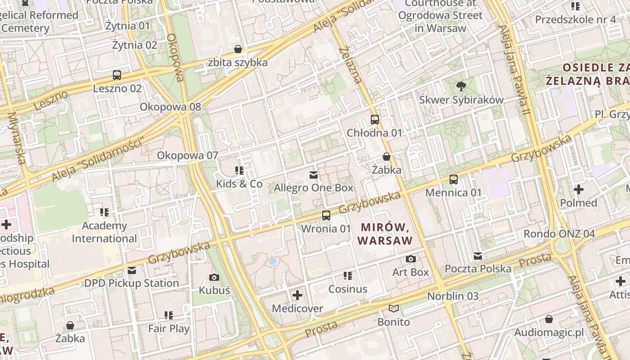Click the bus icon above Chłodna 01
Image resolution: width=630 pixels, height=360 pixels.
pyautogui.click(x=375, y=120)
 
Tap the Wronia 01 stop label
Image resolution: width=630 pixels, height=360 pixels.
pyautogui.click(x=326, y=229)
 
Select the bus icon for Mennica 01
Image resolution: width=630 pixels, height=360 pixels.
pyautogui.click(x=454, y=180)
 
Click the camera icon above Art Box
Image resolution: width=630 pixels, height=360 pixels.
pyautogui.click(x=410, y=259)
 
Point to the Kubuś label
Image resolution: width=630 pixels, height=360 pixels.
pyautogui.click(x=214, y=290)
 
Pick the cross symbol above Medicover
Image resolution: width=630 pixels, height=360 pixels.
pyautogui.click(x=297, y=295)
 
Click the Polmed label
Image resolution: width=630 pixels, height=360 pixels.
pyautogui.click(x=578, y=203)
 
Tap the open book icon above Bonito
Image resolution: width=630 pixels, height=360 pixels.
pyautogui.click(x=394, y=309)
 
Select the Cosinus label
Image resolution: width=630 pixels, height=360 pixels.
pyautogui.click(x=348, y=289)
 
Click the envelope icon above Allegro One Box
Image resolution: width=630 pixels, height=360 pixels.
pyautogui.click(x=314, y=175)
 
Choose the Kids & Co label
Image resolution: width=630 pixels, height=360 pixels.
pyautogui.click(x=239, y=184)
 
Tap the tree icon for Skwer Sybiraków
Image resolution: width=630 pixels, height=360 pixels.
pyautogui.click(x=461, y=86)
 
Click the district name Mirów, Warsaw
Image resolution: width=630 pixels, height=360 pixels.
pyautogui.click(x=385, y=234)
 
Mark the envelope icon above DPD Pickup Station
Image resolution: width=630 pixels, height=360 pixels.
pyautogui.click(x=132, y=270)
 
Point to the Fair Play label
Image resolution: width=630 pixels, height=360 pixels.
pyautogui.click(x=169, y=328)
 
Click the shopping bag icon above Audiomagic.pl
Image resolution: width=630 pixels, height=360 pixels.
pyautogui.click(x=549, y=319)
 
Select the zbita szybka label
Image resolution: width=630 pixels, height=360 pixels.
pyautogui.click(x=238, y=62)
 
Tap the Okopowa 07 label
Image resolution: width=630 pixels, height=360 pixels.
pyautogui.click(x=187, y=156)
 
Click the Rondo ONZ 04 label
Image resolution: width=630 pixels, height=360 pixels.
pyautogui.click(x=559, y=234)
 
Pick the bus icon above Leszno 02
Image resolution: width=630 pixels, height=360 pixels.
pyautogui.click(x=117, y=75)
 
